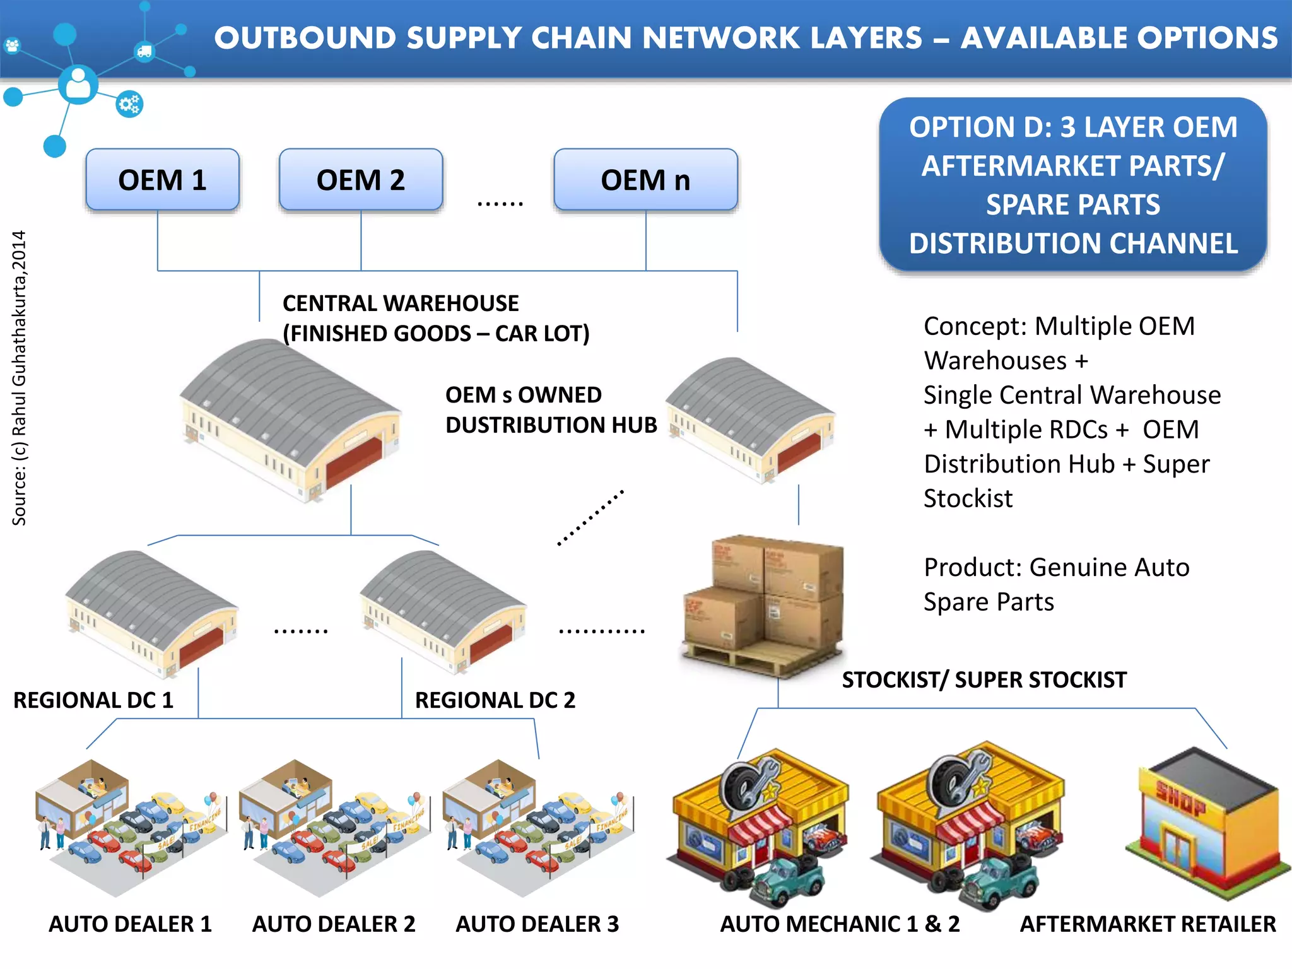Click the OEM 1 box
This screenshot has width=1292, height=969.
[x=162, y=180]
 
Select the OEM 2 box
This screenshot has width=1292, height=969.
[x=361, y=180]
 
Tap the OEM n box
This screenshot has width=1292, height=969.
[x=645, y=180]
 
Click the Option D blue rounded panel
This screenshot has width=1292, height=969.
[x=1072, y=185]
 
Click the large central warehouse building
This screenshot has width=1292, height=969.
[x=290, y=420]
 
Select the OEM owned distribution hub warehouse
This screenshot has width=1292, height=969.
[x=751, y=420]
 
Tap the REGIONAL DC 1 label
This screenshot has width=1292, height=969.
[x=93, y=700]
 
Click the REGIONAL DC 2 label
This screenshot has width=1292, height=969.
[x=495, y=700]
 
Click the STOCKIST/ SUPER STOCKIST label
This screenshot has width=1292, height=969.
[x=984, y=680]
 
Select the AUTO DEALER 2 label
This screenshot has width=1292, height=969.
[x=334, y=924]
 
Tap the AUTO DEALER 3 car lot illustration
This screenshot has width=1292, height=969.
[x=537, y=826]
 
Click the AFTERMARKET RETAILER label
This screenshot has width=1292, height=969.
[x=1148, y=924]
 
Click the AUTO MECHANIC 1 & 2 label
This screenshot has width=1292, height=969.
[x=840, y=924]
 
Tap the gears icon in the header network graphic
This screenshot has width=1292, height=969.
[x=129, y=104]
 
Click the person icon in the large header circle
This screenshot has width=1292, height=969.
[x=78, y=84]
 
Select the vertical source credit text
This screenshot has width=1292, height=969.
[x=20, y=379]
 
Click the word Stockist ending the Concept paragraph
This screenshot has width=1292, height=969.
[x=968, y=498]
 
